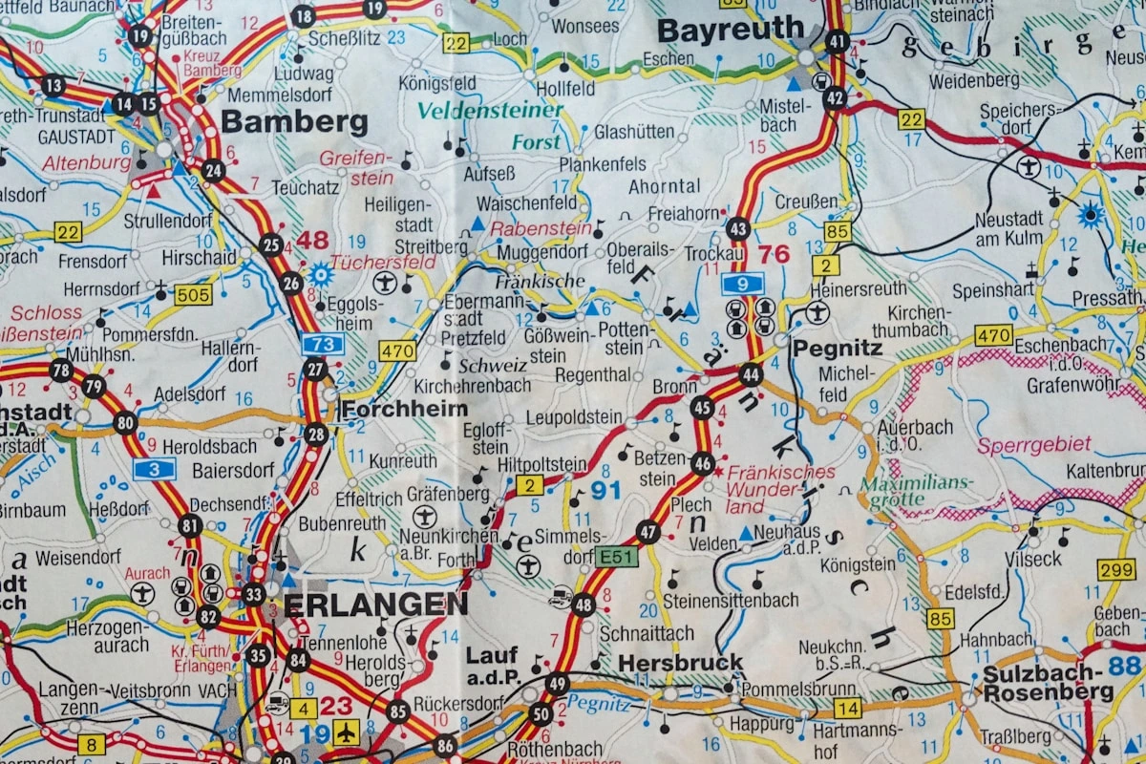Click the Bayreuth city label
pyautogui.click(x=731, y=30)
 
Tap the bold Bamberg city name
pyautogui.click(x=294, y=122)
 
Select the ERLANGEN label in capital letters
pyautogui.click(x=375, y=604)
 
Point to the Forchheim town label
pyautogui.click(x=404, y=409)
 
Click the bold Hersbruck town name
pyautogui.click(x=680, y=662)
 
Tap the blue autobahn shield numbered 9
pyautogui.click(x=743, y=283)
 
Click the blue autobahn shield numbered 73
pyautogui.click(x=323, y=345)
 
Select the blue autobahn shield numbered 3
pyautogui.click(x=154, y=468)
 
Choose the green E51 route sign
pyautogui.click(x=616, y=557)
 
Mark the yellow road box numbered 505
pyautogui.click(x=193, y=295)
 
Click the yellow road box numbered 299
pyautogui.click(x=1115, y=570)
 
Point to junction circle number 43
pyautogui.click(x=737, y=229)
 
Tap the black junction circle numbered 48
pyautogui.click(x=584, y=605)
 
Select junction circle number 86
pyautogui.click(x=444, y=746)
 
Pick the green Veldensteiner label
pyautogui.click(x=490, y=111)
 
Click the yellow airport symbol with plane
pyautogui.click(x=346, y=732)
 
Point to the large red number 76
pyautogui.click(x=774, y=254)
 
